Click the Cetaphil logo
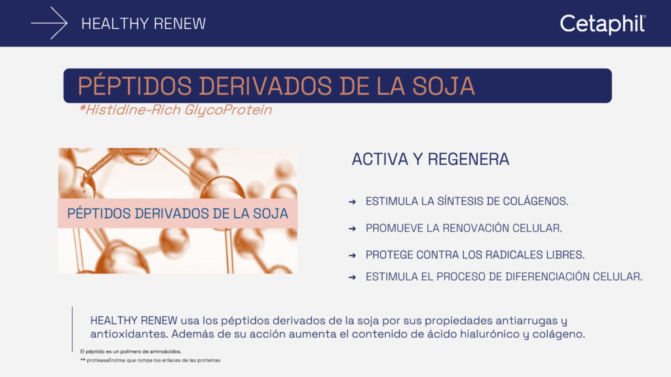tap(603, 24)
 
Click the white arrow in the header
tap(50, 24)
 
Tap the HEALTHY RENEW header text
tap(144, 24)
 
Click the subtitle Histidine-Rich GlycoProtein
tap(175, 110)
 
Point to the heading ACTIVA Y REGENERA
tap(431, 159)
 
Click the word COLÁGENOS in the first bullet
tap(535, 201)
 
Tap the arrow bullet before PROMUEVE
tap(353, 228)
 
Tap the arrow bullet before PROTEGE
tap(353, 255)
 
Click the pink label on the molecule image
tap(178, 213)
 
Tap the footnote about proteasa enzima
tap(150, 360)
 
